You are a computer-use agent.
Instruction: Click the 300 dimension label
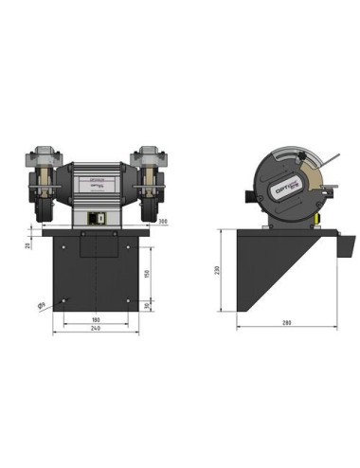[162, 223]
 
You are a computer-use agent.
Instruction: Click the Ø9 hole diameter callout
[42, 307]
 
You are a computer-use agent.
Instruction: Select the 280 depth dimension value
[285, 323]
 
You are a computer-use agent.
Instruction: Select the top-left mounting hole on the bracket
[63, 249]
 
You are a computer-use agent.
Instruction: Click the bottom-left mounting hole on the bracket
[63, 301]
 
